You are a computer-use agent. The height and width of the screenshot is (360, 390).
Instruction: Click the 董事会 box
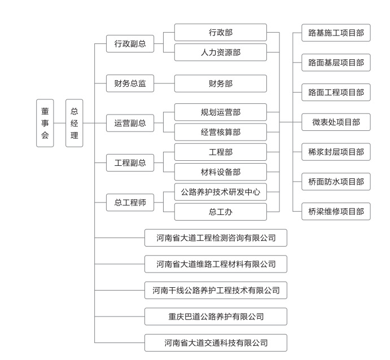tap(45, 123)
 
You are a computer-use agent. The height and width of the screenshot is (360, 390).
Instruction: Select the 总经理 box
tap(74, 123)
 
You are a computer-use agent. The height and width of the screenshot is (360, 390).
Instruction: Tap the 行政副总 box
tap(130, 43)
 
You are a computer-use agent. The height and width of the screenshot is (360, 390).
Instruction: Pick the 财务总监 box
tap(130, 84)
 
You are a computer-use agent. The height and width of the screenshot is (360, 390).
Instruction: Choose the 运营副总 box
tap(130, 123)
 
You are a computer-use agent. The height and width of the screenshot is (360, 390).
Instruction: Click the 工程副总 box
tap(130, 163)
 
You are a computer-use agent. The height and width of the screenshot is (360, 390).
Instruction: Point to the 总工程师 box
tap(130, 203)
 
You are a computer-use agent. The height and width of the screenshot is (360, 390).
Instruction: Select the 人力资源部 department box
tap(220, 52)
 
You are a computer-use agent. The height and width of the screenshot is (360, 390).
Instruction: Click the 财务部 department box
tap(220, 84)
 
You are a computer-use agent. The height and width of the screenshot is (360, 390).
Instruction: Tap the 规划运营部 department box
tap(220, 112)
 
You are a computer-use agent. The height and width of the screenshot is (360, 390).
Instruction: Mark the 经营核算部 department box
tap(220, 132)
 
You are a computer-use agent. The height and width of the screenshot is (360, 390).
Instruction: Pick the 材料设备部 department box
tap(220, 172)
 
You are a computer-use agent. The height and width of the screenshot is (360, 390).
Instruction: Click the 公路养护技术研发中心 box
tap(220, 192)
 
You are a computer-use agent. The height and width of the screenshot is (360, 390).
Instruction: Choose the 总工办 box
tap(220, 212)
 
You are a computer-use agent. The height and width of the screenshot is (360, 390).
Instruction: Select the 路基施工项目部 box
tap(336, 33)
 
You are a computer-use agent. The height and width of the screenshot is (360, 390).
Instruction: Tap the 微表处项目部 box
tap(336, 122)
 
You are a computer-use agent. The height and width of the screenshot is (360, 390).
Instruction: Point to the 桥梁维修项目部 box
tap(336, 212)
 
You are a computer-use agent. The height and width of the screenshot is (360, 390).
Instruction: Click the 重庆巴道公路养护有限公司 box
tap(216, 317)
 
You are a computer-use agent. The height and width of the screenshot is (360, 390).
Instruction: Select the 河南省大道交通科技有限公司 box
tap(216, 343)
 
